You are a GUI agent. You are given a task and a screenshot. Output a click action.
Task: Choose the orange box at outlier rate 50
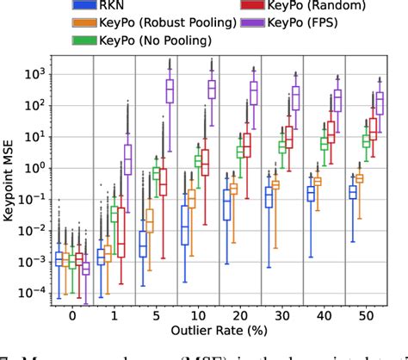point(359,178)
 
